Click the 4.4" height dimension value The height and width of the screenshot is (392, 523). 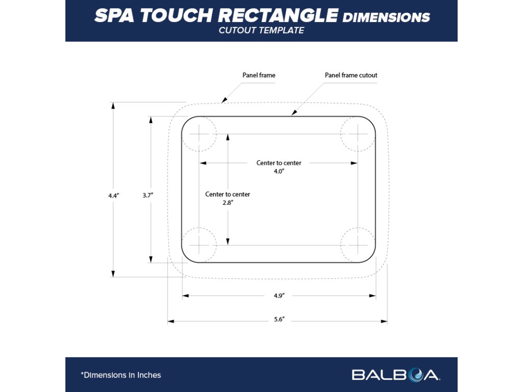(113, 195)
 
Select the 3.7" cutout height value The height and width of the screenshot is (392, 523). (148, 195)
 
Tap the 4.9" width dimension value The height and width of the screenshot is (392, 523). (279, 296)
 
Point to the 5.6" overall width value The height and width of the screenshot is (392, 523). (279, 320)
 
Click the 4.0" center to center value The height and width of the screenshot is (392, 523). (279, 171)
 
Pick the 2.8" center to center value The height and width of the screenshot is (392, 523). (228, 203)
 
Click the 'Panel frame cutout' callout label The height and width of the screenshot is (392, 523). (351, 75)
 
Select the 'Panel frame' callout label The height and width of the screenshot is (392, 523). (259, 75)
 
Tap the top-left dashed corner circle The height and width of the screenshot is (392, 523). (199, 134)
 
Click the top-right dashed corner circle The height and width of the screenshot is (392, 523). (359, 134)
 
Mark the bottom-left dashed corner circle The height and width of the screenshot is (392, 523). (199, 244)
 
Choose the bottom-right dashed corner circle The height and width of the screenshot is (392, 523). (359, 244)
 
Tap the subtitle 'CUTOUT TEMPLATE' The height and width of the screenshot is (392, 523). (261, 31)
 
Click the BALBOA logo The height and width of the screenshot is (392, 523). (395, 375)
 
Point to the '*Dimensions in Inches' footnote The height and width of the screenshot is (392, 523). (121, 375)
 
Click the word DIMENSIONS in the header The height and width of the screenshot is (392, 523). (386, 17)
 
